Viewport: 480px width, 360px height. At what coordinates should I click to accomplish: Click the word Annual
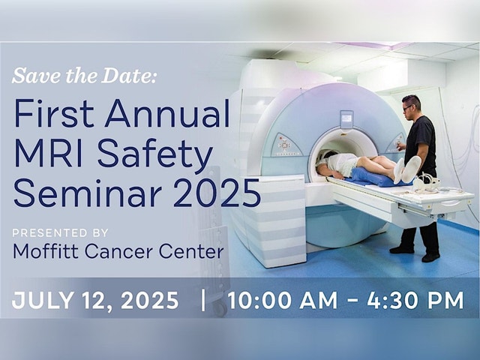pos(167,113)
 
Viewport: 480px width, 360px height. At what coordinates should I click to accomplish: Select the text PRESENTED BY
pos(60,233)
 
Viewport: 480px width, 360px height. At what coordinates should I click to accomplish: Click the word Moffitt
pos(46,251)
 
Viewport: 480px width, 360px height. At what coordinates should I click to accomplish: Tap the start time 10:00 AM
pos(283,300)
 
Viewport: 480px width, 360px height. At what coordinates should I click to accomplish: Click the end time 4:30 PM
pos(415,300)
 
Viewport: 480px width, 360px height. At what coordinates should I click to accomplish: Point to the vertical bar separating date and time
pos(202,300)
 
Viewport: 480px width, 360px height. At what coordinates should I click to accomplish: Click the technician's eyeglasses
pos(408,107)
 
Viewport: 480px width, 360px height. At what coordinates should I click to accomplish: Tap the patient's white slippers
pos(407,169)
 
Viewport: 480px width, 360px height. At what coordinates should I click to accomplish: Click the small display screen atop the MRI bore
pos(346,118)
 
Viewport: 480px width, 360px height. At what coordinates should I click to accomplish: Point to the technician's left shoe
pos(431,256)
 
